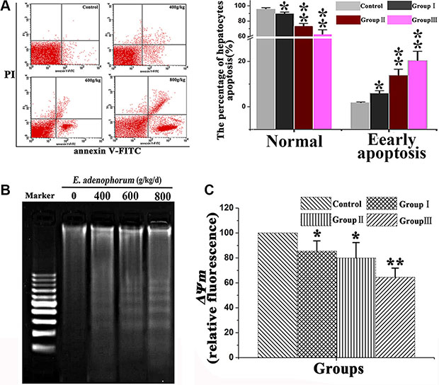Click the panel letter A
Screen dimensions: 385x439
click(6, 6)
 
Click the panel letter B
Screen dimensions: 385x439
click(6, 190)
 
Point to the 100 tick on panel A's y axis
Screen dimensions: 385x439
click(251, 6)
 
